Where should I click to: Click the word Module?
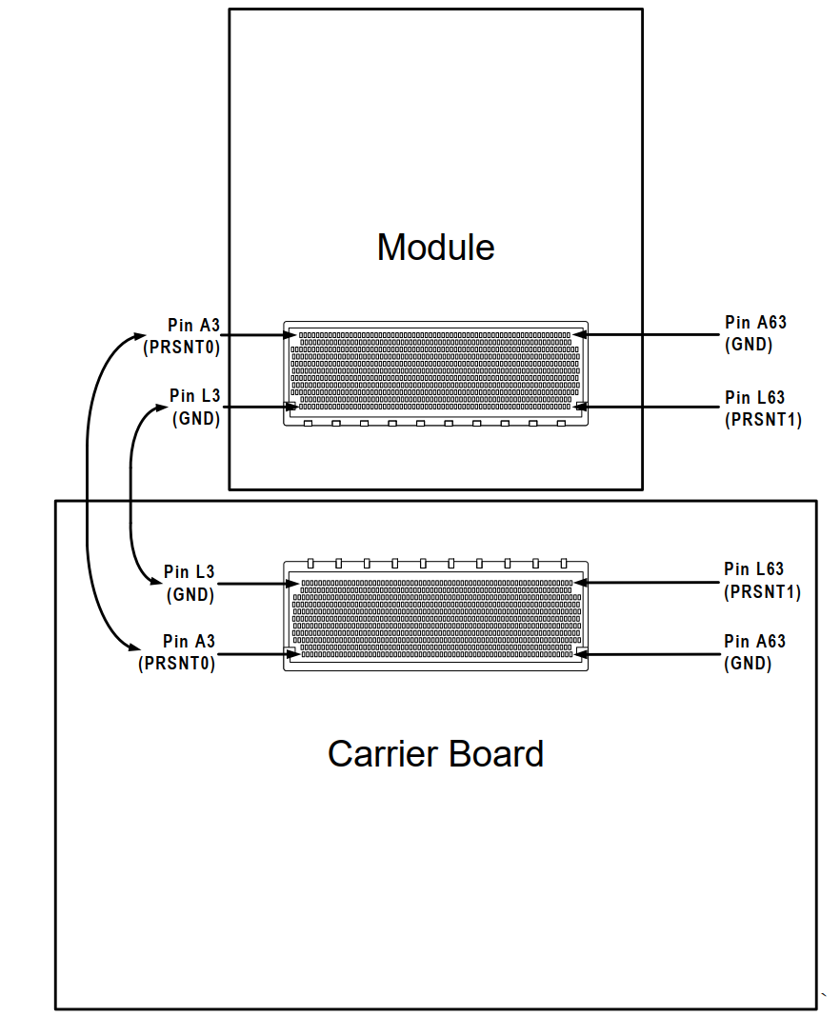(x=435, y=248)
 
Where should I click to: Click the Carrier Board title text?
(x=435, y=753)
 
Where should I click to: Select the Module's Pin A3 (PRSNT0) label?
(x=182, y=336)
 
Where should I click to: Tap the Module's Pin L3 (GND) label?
(x=195, y=407)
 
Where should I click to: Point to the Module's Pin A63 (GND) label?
(x=755, y=333)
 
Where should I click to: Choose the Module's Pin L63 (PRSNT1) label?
(x=762, y=408)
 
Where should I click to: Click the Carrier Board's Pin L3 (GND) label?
(x=190, y=583)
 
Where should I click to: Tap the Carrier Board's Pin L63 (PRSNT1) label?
(x=762, y=580)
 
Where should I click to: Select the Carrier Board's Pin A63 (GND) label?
(x=754, y=652)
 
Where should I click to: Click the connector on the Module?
(x=435, y=372)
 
